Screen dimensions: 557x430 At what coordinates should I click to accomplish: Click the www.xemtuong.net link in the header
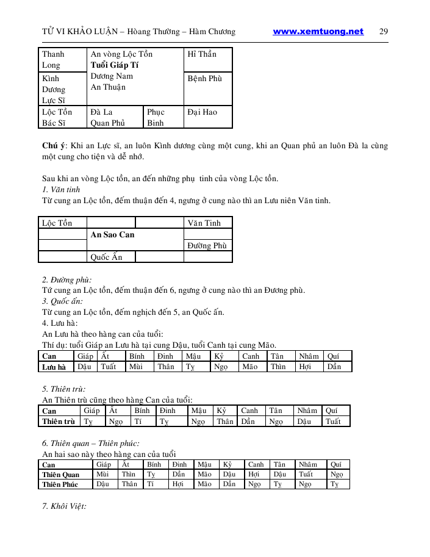click(318, 32)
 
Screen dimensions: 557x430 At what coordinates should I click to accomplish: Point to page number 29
click(384, 32)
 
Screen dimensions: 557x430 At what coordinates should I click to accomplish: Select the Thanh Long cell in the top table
click(53, 59)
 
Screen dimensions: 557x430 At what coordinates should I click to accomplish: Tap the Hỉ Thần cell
click(202, 54)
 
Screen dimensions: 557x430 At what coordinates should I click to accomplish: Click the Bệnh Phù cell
click(205, 79)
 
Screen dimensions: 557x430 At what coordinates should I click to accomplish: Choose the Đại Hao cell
click(202, 112)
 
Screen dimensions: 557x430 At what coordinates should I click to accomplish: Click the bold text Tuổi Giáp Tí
click(115, 65)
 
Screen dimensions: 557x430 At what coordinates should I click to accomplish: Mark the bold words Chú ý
click(54, 146)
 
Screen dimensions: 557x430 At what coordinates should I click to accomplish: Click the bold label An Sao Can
click(112, 234)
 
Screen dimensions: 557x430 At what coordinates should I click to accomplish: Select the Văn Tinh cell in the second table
click(204, 223)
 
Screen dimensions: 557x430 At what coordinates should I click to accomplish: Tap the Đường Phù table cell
click(207, 245)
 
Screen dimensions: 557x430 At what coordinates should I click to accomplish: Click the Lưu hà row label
click(54, 367)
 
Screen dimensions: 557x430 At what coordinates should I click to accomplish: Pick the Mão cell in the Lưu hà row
click(249, 367)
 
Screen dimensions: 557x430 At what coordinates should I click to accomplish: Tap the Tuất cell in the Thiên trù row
click(333, 422)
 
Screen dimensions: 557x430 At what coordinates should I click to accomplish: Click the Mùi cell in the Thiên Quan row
click(102, 475)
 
